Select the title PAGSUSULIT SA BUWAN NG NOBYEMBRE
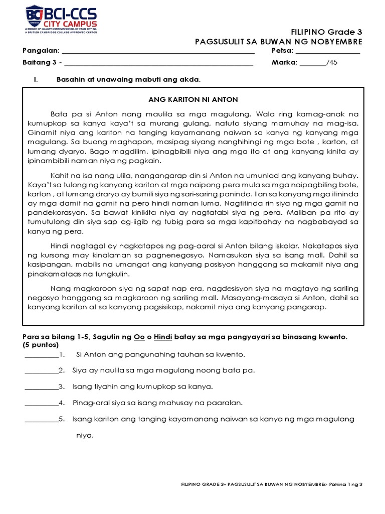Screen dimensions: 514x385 (278, 42)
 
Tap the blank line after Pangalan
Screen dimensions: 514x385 (158, 52)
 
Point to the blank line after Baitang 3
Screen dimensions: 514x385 (158, 63)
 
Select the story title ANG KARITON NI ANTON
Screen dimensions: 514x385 (193, 99)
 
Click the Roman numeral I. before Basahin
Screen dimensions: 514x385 (36, 79)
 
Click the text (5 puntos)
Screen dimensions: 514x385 (41, 345)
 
